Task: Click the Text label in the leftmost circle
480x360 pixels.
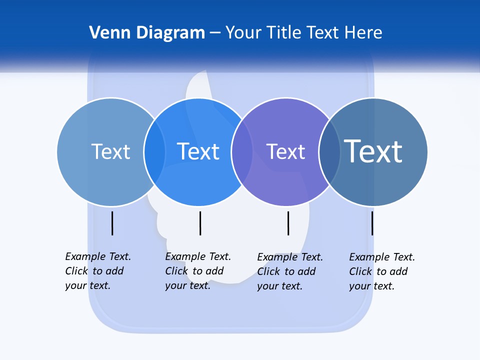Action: click(110, 151)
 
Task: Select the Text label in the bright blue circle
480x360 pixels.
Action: click(198, 151)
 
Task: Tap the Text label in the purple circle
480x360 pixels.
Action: click(285, 151)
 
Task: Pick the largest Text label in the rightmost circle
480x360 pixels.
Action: click(373, 151)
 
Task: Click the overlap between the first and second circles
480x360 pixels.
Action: click(154, 152)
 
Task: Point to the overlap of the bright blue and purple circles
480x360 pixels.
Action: click(242, 152)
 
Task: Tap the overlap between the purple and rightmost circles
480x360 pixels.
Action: click(329, 152)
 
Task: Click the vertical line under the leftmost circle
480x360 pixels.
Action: click(112, 223)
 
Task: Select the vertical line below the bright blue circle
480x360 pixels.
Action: click(200, 223)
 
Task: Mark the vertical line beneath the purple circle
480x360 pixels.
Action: click(288, 223)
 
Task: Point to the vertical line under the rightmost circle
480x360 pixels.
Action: click(372, 223)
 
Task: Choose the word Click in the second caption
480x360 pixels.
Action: click(176, 271)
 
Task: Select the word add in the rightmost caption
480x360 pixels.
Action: click(398, 271)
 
